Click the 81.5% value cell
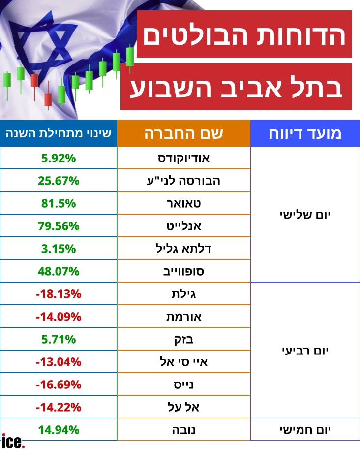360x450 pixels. (59, 203)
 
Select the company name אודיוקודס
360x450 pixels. (183, 158)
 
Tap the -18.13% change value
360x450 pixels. (59, 294)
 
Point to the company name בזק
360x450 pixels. (183, 340)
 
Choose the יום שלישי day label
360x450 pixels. (305, 215)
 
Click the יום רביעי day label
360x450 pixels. (305, 351)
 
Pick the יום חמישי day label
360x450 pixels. (305, 430)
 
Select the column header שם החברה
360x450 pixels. (183, 133)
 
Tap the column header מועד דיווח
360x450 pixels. (305, 133)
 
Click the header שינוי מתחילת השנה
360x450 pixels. (59, 133)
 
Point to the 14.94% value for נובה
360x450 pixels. (59, 430)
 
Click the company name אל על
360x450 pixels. (183, 407)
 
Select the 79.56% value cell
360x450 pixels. (59, 226)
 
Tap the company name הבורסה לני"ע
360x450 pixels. (183, 181)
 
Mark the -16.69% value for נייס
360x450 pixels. (59, 385)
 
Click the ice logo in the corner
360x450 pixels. (13, 441)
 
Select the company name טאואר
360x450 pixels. (183, 203)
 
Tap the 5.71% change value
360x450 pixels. (59, 339)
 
